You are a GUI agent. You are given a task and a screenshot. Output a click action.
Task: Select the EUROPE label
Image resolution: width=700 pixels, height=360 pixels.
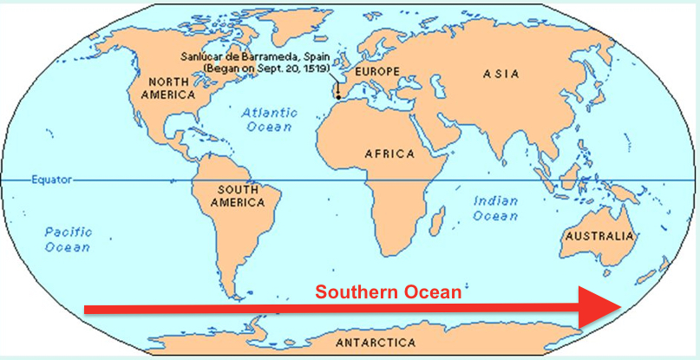click(x=372, y=69)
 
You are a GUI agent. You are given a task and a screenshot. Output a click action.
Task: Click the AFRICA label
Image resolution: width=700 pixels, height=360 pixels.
click(x=389, y=154)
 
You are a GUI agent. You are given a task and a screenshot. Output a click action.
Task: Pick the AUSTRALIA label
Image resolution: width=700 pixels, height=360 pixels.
click(x=598, y=236)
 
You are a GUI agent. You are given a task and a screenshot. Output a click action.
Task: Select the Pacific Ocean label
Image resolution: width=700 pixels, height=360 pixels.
click(x=68, y=239)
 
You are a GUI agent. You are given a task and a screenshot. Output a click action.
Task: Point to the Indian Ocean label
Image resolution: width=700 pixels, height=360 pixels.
click(x=495, y=208)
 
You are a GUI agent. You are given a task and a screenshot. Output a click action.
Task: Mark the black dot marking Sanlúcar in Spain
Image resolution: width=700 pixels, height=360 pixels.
click(x=337, y=95)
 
